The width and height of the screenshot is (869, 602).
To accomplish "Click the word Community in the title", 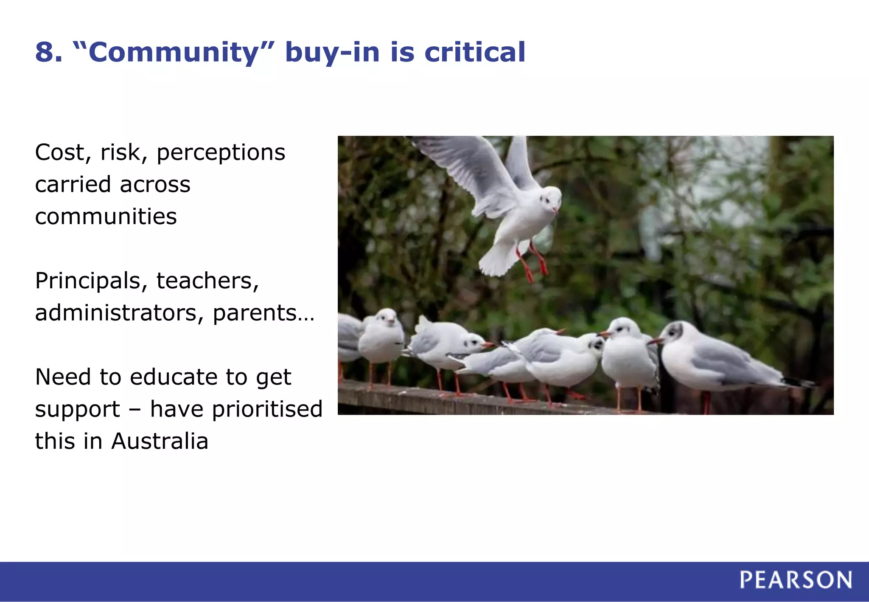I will point(174,53).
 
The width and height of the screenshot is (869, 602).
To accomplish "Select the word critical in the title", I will point(475,53).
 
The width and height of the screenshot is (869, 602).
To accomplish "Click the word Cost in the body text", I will point(59,152).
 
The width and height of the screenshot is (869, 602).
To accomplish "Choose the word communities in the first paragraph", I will point(106,217).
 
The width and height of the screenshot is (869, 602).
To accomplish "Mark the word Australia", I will point(160,441).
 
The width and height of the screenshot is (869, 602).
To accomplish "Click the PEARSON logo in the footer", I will point(796,580).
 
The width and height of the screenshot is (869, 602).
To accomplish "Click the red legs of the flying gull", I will point(533,261).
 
